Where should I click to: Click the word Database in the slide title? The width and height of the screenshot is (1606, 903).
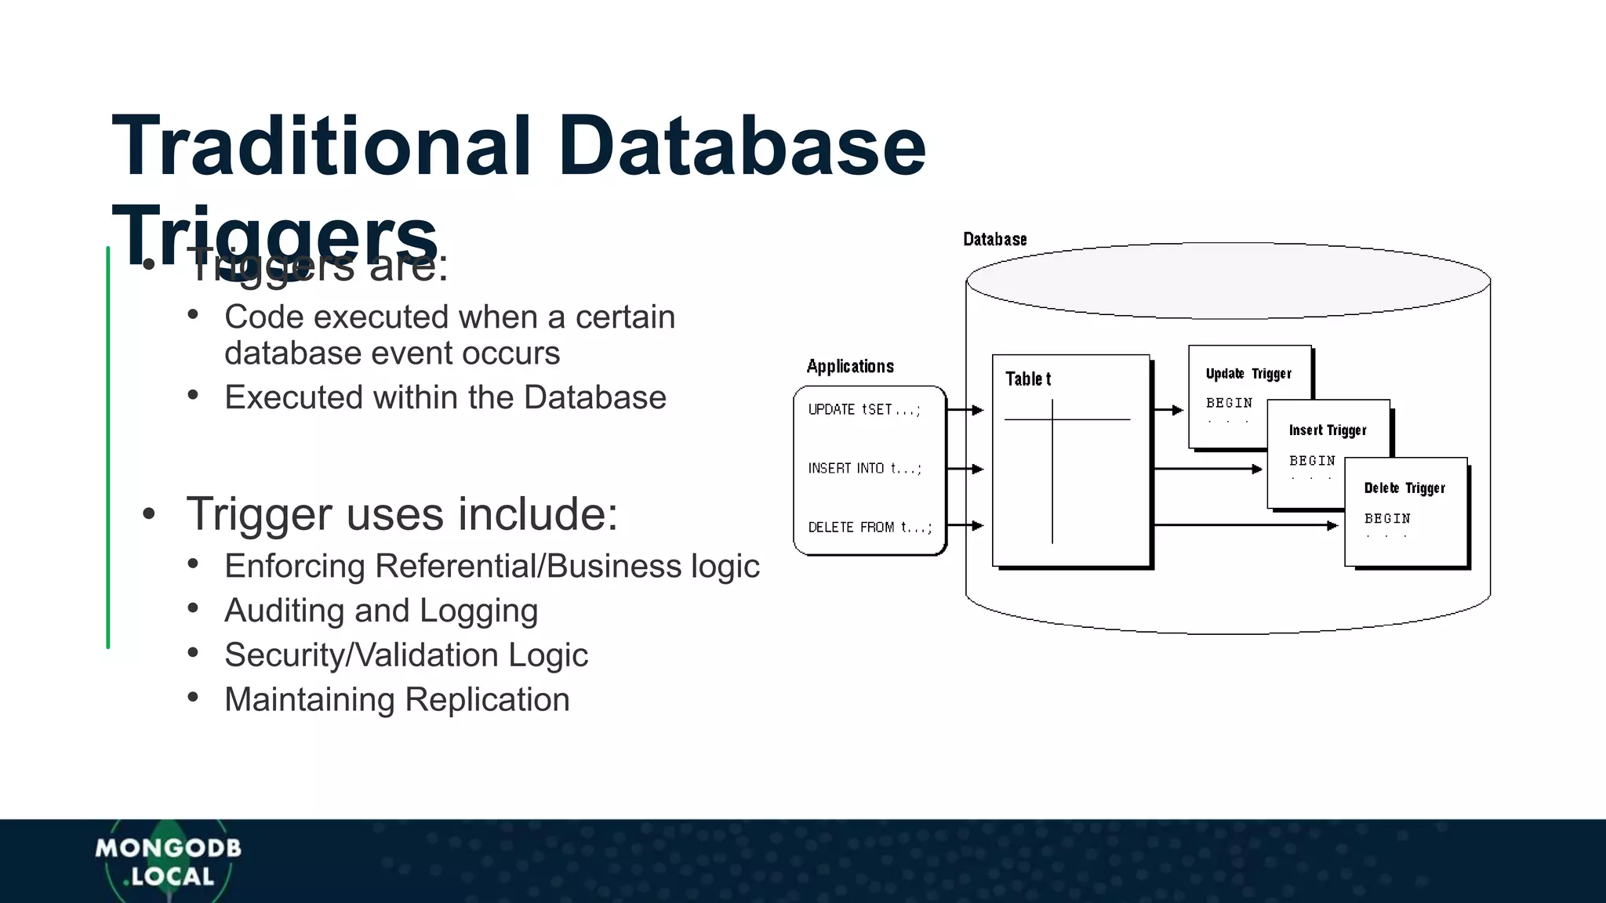(741, 147)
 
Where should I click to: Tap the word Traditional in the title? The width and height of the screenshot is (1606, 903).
(322, 147)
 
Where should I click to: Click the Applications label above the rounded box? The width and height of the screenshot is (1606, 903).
(850, 366)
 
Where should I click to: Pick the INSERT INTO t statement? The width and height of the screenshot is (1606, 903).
(865, 468)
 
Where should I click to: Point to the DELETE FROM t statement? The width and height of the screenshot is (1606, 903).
(870, 527)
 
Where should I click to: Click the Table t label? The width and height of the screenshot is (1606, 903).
(1028, 379)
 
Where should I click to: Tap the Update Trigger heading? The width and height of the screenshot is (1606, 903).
(1248, 374)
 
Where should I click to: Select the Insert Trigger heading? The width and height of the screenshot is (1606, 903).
(1328, 430)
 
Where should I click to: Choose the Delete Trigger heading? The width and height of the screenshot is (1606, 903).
(1404, 488)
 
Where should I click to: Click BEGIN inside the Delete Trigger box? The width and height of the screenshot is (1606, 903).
(1387, 518)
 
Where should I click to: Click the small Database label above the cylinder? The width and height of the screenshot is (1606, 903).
(994, 239)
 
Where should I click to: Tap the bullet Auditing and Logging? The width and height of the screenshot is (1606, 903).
(381, 611)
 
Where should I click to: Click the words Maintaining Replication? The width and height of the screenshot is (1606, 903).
(397, 699)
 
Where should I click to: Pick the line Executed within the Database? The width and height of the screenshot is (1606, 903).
(445, 397)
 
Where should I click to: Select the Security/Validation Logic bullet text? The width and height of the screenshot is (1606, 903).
(405, 655)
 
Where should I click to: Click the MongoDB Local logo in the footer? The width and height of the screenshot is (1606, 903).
(168, 861)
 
